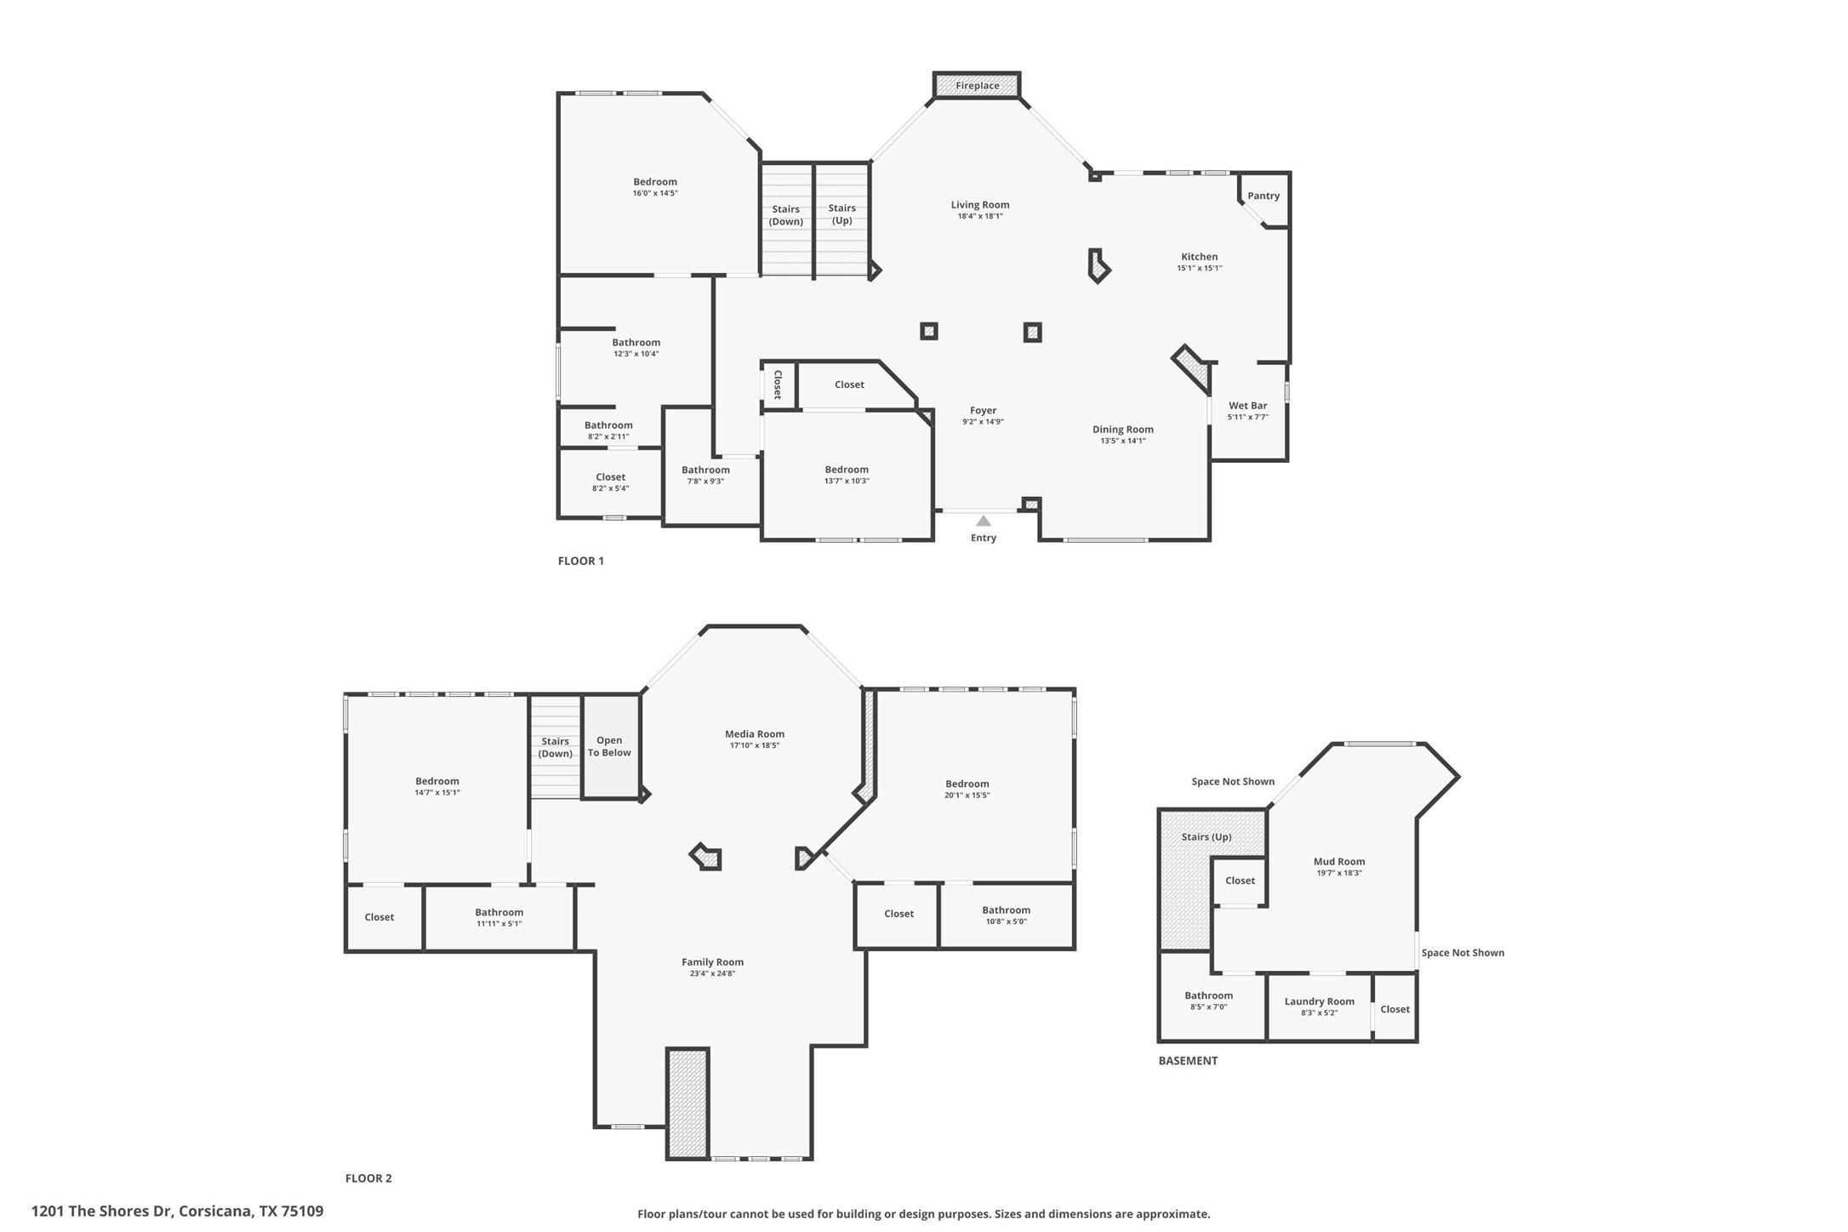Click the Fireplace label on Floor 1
(977, 86)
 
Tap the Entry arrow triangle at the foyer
(984, 521)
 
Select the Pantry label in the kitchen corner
(1263, 196)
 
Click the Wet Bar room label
(1247, 406)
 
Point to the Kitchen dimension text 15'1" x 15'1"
(1199, 268)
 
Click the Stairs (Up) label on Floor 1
(841, 214)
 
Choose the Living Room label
(980, 205)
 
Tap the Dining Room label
(1123, 430)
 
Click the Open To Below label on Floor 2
(609, 746)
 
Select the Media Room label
(755, 734)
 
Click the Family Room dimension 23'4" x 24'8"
(712, 973)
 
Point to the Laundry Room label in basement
(1319, 1001)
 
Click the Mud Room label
(1339, 862)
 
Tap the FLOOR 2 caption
(368, 1178)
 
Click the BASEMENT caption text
(1188, 1061)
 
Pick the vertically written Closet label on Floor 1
(778, 385)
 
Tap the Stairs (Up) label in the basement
(1206, 837)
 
